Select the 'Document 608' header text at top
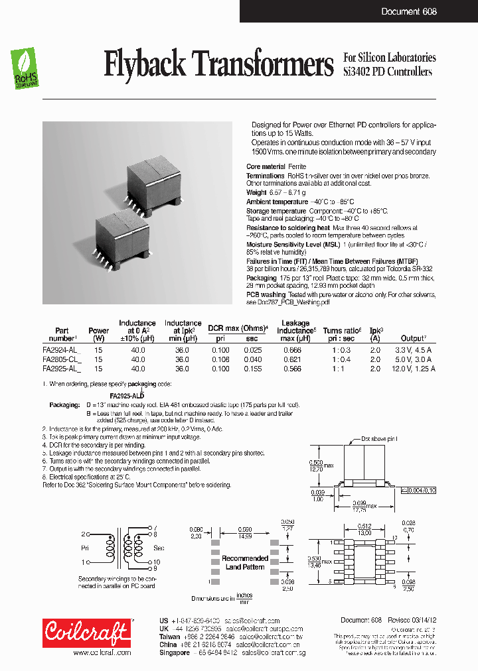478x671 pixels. tap(409, 11)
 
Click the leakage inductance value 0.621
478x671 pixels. tap(291, 359)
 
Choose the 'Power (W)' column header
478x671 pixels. tap(98, 335)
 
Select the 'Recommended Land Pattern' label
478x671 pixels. tap(245, 562)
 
